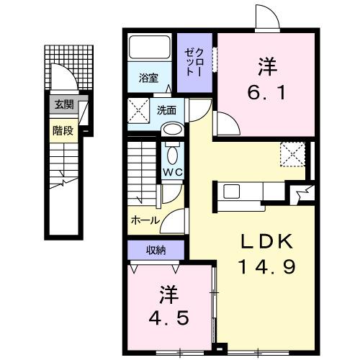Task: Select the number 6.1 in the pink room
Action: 264,92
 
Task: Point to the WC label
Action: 173,173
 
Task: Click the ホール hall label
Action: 145,220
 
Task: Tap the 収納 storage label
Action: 156,250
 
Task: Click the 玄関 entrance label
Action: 63,104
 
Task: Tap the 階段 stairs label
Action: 63,130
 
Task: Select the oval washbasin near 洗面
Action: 172,130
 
